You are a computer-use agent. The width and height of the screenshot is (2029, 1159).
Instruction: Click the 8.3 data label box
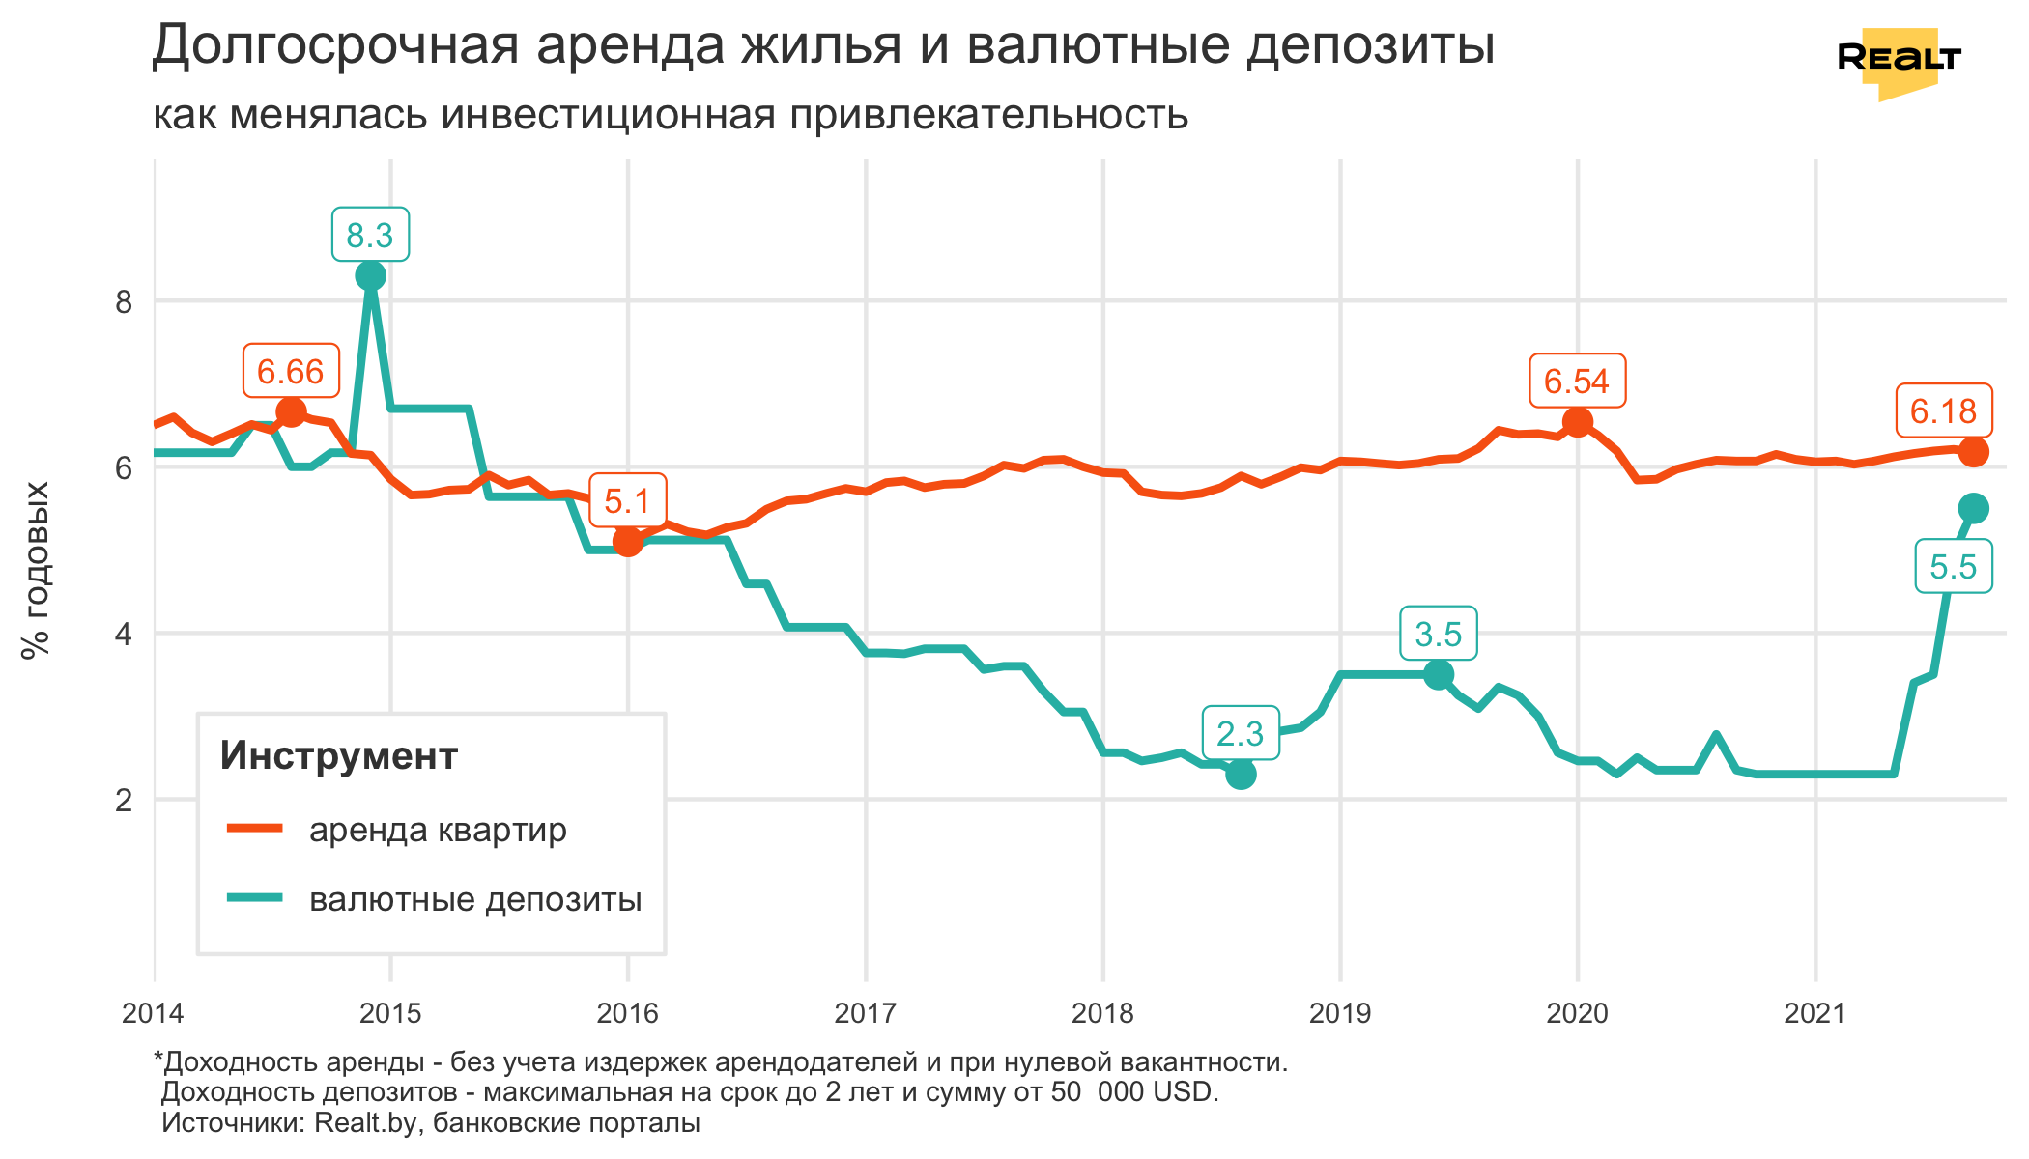(x=370, y=235)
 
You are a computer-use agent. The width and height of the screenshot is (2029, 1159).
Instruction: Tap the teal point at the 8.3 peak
(x=370, y=276)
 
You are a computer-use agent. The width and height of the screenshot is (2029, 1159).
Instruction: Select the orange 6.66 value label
(x=291, y=371)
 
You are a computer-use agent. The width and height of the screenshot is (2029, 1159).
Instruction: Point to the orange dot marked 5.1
(x=628, y=541)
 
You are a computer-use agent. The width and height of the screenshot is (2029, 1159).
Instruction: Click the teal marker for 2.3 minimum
(x=1241, y=774)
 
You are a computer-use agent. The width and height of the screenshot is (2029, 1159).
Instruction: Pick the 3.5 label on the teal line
(x=1439, y=635)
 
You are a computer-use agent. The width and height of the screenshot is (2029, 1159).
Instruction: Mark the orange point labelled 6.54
(x=1578, y=422)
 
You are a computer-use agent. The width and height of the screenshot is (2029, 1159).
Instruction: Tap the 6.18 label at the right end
(x=1943, y=411)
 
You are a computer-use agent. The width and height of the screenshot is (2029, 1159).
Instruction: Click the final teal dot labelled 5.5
(x=1973, y=508)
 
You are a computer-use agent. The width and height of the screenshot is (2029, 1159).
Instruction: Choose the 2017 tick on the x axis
(x=866, y=1013)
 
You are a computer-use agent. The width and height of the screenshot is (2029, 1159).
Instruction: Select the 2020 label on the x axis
(x=1578, y=1013)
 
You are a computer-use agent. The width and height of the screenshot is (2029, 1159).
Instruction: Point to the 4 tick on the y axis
(x=124, y=635)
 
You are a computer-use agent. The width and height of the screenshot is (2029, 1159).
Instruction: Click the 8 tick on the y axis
(x=124, y=302)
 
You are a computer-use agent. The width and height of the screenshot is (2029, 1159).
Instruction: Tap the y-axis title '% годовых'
(x=36, y=570)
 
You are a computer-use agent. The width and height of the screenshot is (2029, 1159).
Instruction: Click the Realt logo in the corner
(x=1899, y=60)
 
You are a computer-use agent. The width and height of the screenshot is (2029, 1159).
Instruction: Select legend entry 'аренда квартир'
(x=438, y=830)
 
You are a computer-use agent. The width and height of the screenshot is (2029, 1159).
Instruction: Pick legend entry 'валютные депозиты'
(x=475, y=899)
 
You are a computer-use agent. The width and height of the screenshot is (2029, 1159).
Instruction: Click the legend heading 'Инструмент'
(x=338, y=755)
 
